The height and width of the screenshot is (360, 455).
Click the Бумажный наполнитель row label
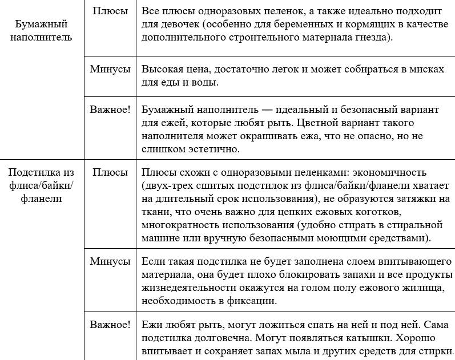tap(41, 30)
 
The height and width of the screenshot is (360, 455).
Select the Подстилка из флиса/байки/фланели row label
tap(41, 185)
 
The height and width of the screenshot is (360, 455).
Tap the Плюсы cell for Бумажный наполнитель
tap(110, 11)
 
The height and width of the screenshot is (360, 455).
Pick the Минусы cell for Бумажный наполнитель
tap(110, 69)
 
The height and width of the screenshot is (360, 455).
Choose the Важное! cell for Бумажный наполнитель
tap(110, 109)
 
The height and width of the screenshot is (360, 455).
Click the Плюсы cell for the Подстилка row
tap(110, 172)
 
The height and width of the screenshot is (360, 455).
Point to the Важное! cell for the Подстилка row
tap(110, 325)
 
